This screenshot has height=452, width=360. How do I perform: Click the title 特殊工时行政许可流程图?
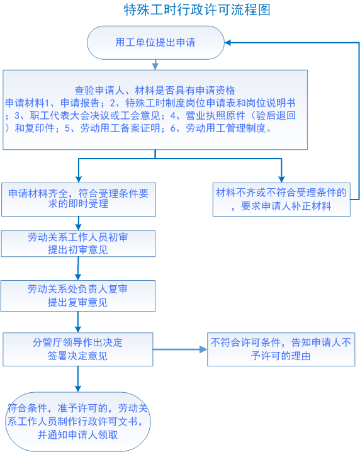(197, 10)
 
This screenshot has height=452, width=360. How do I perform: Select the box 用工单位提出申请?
(155, 43)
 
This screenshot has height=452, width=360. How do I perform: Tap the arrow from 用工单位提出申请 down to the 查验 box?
(155, 65)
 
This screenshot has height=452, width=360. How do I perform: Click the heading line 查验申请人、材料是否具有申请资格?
(155, 91)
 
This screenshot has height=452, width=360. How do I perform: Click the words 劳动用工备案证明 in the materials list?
(120, 128)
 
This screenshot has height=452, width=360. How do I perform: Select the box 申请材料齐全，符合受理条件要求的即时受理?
(79, 200)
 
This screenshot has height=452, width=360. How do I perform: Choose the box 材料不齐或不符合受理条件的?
(281, 200)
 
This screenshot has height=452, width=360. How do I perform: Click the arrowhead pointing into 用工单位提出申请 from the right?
(228, 43)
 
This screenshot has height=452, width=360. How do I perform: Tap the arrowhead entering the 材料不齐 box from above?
(281, 179)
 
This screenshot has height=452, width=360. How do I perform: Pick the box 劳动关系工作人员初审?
(78, 244)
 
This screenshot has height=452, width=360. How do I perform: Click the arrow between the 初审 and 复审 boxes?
(78, 268)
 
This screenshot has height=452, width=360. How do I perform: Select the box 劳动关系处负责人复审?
(78, 296)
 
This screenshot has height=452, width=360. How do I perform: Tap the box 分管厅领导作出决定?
(78, 349)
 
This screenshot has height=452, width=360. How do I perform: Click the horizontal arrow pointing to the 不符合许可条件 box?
(180, 349)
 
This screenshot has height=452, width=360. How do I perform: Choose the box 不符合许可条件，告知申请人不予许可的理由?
(281, 349)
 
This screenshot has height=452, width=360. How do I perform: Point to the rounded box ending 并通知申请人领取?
(78, 421)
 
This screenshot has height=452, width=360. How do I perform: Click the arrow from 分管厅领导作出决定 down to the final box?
(78, 379)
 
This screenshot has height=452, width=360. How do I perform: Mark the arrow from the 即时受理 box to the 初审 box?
(78, 223)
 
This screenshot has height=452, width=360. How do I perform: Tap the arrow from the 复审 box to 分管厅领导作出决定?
(78, 322)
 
